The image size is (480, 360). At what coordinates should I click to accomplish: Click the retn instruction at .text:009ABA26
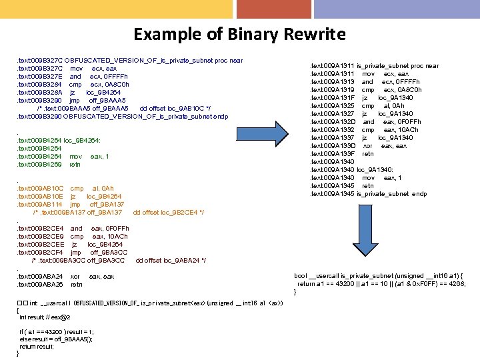tap(77, 284)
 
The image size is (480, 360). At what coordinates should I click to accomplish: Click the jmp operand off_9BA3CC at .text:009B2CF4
tap(104, 252)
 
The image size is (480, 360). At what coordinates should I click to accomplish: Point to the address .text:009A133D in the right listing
tap(333, 145)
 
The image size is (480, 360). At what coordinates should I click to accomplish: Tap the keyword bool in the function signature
tap(300, 275)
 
